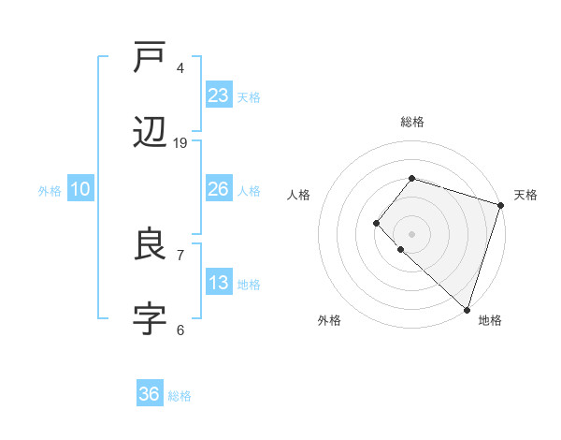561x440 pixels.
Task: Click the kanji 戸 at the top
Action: pos(150,60)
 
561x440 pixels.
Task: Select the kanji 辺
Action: pos(150,135)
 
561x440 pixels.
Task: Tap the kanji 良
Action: pos(150,246)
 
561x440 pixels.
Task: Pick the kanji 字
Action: pos(150,320)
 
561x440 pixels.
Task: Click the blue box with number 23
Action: pos(219,95)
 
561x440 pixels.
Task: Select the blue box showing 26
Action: pos(219,189)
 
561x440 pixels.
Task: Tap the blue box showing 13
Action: pos(219,283)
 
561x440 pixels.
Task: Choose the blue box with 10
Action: pos(80,189)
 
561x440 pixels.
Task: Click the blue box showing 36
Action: pos(150,394)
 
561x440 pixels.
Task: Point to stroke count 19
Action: pos(180,143)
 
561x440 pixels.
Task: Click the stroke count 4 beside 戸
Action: pos(180,68)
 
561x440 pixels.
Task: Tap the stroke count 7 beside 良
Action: pos(180,255)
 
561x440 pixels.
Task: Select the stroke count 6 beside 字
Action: pos(180,330)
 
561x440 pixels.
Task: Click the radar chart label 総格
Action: pos(411,122)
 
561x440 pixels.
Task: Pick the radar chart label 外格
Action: pos(329,320)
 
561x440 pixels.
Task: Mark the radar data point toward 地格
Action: pos(467,309)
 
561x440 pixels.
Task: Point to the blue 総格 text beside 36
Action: pos(180,396)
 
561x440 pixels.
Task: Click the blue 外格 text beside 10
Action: pos(50,191)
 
